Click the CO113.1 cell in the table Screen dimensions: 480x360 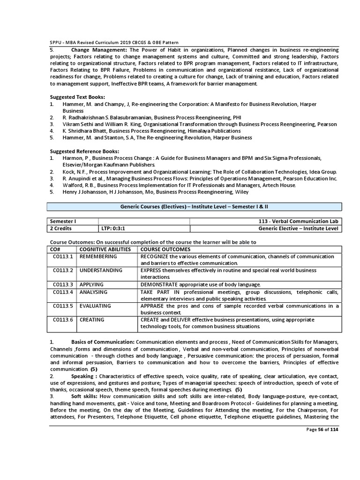point(63,256)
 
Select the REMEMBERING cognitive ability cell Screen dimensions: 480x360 point(98,256)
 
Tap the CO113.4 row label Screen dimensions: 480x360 point(63,292)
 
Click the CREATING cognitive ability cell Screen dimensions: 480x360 point(92,320)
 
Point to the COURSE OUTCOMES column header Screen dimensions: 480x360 point(165,249)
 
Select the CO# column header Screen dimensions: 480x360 point(56,249)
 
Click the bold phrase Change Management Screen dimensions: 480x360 point(99,49)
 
